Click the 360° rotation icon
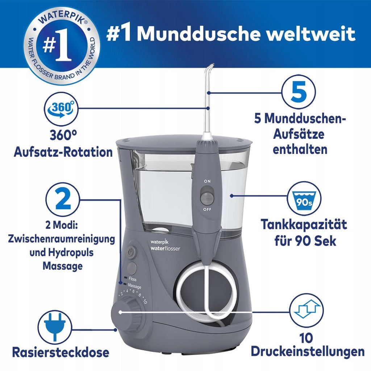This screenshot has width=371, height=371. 61,109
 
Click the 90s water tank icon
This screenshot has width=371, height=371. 304,199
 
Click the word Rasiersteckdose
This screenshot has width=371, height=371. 61,352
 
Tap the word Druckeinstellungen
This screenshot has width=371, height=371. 308,351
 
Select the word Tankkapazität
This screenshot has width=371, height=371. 304,224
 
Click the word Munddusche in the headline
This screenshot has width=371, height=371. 199,34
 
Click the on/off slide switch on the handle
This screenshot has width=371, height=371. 207,195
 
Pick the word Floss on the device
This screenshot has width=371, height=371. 133,279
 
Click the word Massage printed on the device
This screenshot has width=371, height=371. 134,286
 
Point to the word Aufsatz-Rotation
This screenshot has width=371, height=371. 63,152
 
